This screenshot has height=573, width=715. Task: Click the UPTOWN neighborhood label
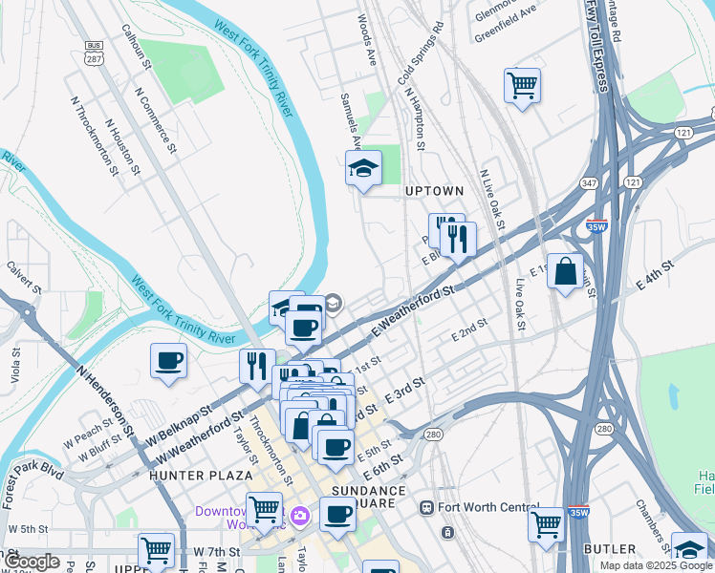pyautogui.click(x=434, y=191)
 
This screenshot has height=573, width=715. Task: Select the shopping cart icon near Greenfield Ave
pyautogui.click(x=522, y=86)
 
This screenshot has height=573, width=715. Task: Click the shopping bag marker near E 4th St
pyautogui.click(x=565, y=270)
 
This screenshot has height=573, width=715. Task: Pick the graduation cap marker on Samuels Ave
pyautogui.click(x=363, y=170)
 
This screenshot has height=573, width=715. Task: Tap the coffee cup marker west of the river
pyautogui.click(x=168, y=361)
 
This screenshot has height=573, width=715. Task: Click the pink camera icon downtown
pyautogui.click(x=300, y=517)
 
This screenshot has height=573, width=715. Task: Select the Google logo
pyautogui.click(x=32, y=562)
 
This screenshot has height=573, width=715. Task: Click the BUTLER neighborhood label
pyautogui.click(x=609, y=549)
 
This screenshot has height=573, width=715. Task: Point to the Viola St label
pyautogui.click(x=16, y=365)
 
